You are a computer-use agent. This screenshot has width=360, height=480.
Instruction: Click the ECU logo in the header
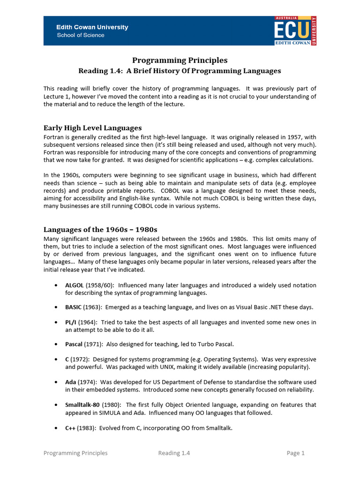pyautogui.click(x=295, y=30)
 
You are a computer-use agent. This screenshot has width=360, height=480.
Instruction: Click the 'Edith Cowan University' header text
pyautogui.click(x=92, y=27)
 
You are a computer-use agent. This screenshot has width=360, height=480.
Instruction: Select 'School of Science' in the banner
pyautogui.click(x=81, y=35)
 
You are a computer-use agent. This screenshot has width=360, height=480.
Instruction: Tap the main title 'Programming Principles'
pyautogui.click(x=180, y=60)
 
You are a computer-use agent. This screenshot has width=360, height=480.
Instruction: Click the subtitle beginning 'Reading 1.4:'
pyautogui.click(x=180, y=71)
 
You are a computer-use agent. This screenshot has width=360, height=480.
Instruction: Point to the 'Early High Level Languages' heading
pyautogui.click(x=92, y=128)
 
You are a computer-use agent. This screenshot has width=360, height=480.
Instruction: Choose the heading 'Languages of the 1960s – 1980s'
pyautogui.click(x=100, y=230)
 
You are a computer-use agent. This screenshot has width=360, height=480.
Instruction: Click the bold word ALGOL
pyautogui.click(x=74, y=285)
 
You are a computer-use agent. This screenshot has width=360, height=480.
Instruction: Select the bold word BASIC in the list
pyautogui.click(x=73, y=307)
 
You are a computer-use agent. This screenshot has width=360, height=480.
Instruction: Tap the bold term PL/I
pyautogui.click(x=71, y=322)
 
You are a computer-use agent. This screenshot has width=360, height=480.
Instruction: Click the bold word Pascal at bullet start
pyautogui.click(x=74, y=344)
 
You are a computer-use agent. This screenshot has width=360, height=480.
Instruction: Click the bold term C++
pyautogui.click(x=70, y=428)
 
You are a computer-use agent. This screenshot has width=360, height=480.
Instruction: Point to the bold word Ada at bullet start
pyautogui.click(x=70, y=382)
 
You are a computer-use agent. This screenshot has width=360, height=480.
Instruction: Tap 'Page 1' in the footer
pyautogui.click(x=296, y=453)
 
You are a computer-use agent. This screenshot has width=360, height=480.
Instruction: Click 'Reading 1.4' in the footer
pyautogui.click(x=174, y=453)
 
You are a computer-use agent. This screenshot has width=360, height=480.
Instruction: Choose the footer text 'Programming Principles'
pyautogui.click(x=75, y=453)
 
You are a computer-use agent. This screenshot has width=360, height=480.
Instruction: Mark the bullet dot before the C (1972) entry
pyautogui.click(x=56, y=359)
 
